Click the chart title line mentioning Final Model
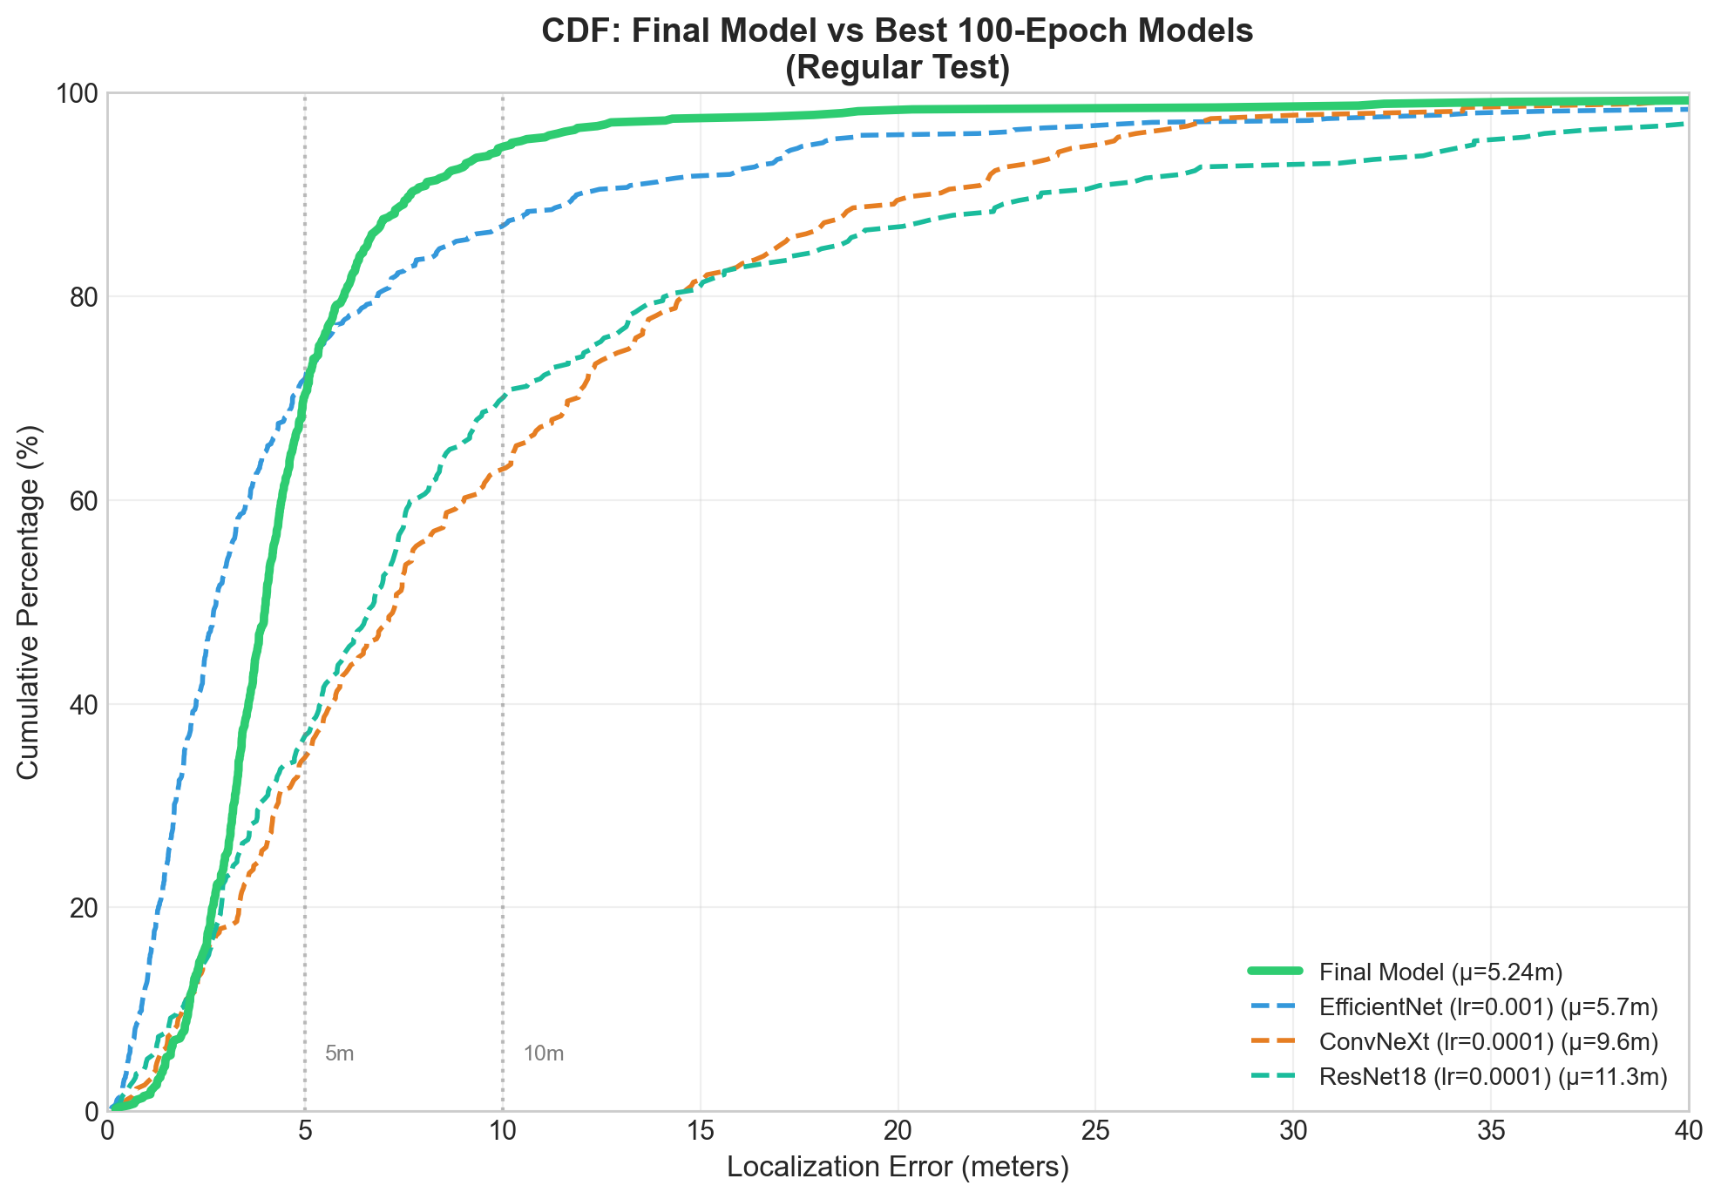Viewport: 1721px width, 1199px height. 897,31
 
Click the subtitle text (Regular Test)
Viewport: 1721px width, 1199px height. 897,68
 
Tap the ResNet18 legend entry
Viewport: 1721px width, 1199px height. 1493,1078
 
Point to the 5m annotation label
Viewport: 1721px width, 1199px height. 339,1054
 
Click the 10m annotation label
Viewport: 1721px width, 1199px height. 544,1054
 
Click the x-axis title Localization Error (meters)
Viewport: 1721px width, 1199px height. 898,1168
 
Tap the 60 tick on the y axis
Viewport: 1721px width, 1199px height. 85,501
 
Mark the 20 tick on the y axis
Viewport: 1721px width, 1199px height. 85,908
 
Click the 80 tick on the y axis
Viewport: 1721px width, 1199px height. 85,297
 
